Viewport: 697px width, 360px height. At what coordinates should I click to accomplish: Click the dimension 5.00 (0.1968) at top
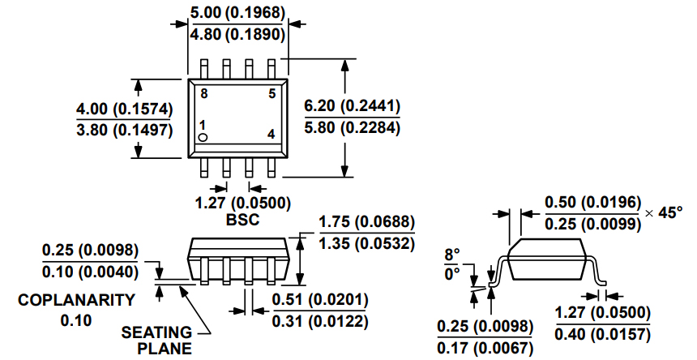(237, 14)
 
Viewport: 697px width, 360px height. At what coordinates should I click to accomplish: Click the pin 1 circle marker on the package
(204, 138)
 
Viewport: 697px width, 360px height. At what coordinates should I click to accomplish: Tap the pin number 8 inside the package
(204, 94)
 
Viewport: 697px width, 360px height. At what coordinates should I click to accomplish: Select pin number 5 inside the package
(272, 94)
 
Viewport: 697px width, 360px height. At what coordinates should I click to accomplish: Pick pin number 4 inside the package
(272, 134)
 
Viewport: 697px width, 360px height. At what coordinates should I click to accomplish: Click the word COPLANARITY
(77, 299)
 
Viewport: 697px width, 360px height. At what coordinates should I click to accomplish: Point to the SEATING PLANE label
(157, 340)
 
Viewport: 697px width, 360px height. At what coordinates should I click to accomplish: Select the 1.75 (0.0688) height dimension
(367, 223)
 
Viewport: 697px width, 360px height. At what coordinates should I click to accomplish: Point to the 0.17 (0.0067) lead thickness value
(485, 348)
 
